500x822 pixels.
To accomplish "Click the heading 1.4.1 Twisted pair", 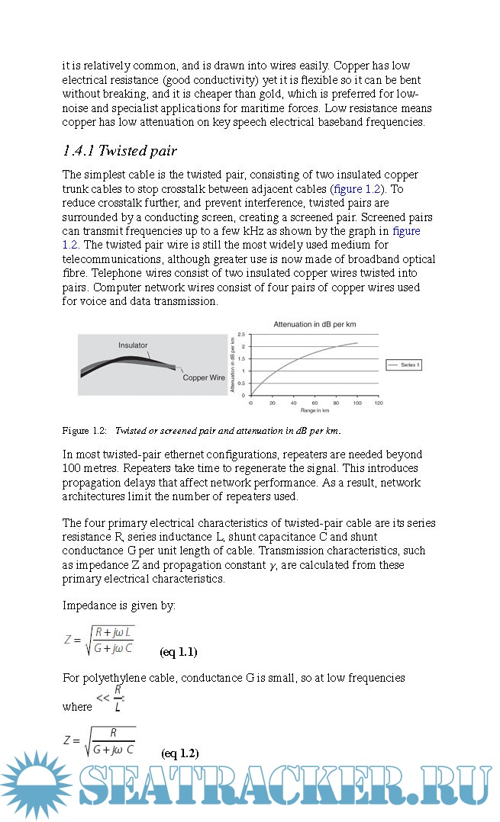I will pyautogui.click(x=119, y=150).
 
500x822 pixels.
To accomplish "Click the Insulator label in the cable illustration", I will pyautogui.click(x=133, y=345).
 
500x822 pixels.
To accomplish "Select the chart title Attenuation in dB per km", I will pyautogui.click(x=315, y=324).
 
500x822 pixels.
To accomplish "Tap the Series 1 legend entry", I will pyautogui.click(x=405, y=365).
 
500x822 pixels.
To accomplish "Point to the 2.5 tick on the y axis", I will pyautogui.click(x=241, y=335).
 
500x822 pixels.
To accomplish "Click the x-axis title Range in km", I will pyautogui.click(x=315, y=410).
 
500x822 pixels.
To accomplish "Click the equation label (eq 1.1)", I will pyautogui.click(x=178, y=652).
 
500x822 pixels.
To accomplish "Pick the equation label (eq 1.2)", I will pyautogui.click(x=179, y=753).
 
